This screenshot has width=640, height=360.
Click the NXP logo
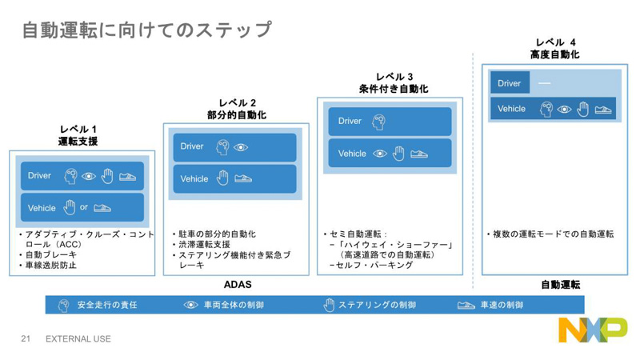point(592,329)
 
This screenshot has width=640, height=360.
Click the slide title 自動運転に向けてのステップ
point(146,30)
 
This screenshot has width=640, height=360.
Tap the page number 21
point(26,339)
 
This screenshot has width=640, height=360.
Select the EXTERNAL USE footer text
point(78,339)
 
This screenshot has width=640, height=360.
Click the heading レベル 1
point(78,129)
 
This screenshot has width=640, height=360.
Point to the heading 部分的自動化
point(236,115)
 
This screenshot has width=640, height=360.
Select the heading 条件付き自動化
point(393,89)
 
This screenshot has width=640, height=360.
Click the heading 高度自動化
point(554,54)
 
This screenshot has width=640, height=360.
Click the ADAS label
point(237,285)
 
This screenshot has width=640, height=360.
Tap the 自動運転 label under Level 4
point(560,285)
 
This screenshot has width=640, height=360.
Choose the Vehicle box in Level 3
point(390,154)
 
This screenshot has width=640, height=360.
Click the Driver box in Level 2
point(234,147)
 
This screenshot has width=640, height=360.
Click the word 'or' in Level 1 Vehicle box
point(84,207)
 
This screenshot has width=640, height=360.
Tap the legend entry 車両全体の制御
point(233,305)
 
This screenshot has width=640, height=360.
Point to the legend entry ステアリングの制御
point(376,305)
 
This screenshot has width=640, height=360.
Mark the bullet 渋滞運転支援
point(205,244)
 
